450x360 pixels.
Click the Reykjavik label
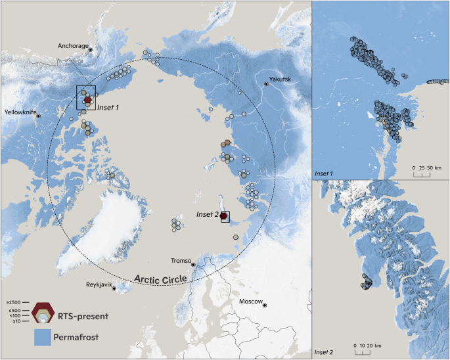click(x=98, y=285)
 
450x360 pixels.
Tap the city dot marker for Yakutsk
click(x=266, y=83)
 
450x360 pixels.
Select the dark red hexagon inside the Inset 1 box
click(x=87, y=99)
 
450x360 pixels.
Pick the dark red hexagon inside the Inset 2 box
click(x=224, y=216)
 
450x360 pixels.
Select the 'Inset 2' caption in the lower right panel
click(x=325, y=353)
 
